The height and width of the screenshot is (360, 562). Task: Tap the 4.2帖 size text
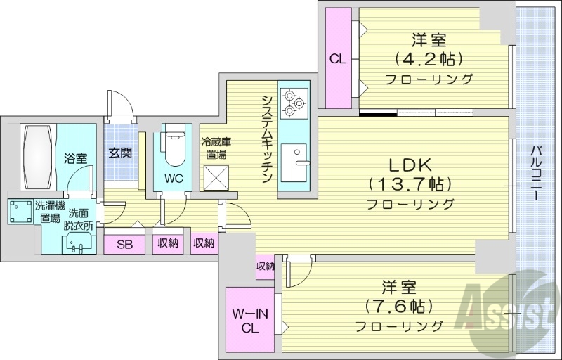(x=429, y=59)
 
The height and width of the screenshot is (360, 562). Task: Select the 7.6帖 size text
(x=399, y=307)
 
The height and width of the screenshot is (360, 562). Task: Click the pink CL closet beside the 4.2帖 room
(x=338, y=59)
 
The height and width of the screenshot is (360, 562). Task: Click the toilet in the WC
(x=173, y=144)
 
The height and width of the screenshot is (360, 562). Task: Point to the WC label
(x=174, y=179)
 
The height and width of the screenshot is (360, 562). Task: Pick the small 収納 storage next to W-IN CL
(x=265, y=266)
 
